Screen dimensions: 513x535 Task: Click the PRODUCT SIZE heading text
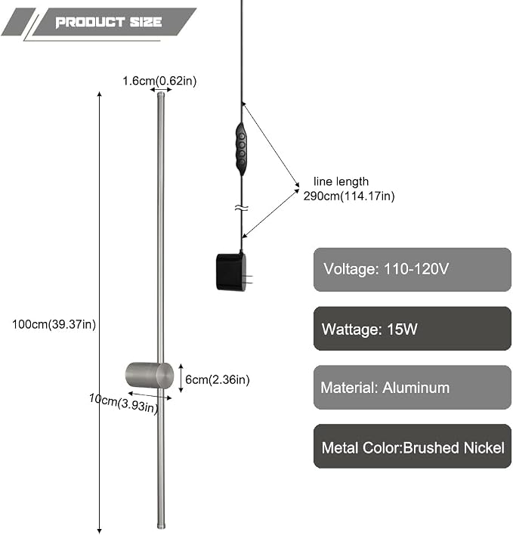109,22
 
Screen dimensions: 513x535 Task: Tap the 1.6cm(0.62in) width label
159,81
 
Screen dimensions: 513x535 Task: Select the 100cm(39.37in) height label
54,324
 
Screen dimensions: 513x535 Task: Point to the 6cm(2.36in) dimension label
218,379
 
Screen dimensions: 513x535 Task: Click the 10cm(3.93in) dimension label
124,403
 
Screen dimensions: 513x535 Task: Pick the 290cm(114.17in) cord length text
349,196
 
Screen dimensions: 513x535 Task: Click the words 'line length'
341,181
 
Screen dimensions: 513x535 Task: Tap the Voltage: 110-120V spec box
412,270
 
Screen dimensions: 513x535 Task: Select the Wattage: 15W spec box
412,329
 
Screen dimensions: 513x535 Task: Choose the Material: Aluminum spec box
412,387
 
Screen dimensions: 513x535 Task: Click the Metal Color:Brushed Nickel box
412,447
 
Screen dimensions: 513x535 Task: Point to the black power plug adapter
231,272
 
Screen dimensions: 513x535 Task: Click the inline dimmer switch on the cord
242,149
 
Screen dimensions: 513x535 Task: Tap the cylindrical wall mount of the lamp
150,375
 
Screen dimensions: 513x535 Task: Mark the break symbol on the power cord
242,208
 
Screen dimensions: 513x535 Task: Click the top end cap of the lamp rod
161,94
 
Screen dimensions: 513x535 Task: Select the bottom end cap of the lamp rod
161,526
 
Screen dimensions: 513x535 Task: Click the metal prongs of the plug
249,279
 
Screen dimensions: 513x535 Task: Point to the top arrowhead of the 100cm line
99,94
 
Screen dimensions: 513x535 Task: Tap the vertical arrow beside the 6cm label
181,378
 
